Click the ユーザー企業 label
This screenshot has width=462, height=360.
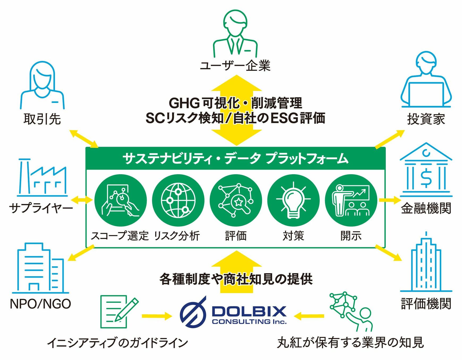pyautogui.click(x=235, y=66)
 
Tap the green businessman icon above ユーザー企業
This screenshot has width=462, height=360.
pyautogui.click(x=235, y=33)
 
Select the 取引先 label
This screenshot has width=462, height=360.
pyautogui.click(x=42, y=119)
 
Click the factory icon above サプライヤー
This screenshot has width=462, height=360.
pyautogui.click(x=42, y=178)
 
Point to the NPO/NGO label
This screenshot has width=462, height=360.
pyautogui.click(x=40, y=304)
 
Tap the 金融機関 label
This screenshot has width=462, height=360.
pyautogui.click(x=426, y=208)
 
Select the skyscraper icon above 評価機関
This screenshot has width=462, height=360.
pyautogui.click(x=426, y=263)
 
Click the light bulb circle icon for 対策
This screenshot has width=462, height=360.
pyautogui.click(x=293, y=200)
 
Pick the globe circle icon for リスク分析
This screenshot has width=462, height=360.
pyautogui.click(x=178, y=200)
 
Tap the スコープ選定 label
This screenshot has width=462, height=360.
pyautogui.click(x=120, y=236)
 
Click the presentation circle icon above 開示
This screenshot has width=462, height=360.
pyautogui.click(x=351, y=200)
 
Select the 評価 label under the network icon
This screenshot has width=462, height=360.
pyautogui.click(x=236, y=236)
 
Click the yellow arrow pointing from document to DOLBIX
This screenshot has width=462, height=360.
pyautogui.click(x=157, y=316)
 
